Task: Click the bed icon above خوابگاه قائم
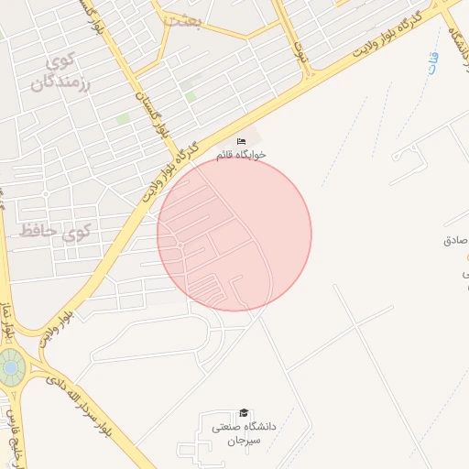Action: click(x=242, y=141)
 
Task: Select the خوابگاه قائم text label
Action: click(x=242, y=155)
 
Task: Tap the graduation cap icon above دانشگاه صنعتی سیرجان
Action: click(x=243, y=413)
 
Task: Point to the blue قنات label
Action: click(x=432, y=63)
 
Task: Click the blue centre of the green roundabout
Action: click(x=10, y=368)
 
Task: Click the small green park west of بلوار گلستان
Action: click(x=123, y=119)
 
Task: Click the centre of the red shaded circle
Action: click(x=234, y=234)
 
